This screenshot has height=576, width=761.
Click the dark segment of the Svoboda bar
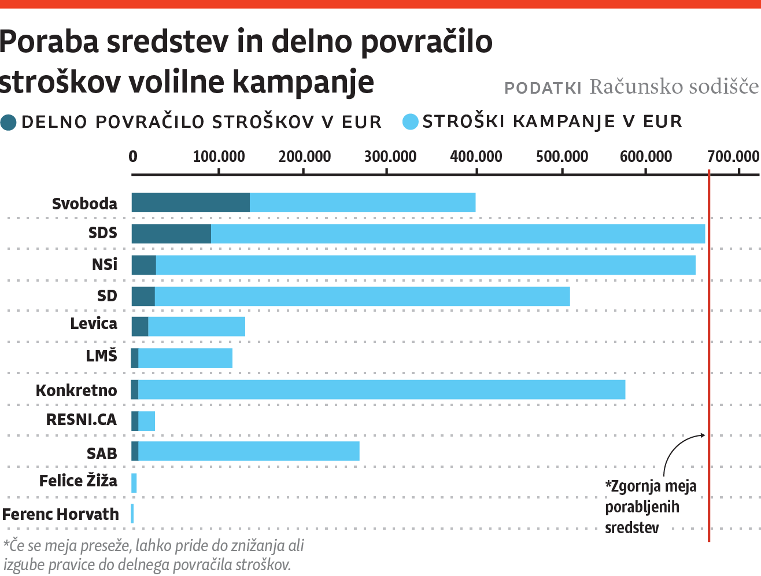click(190, 202)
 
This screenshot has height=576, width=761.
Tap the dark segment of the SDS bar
click(171, 234)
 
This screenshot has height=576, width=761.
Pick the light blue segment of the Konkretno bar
click(382, 390)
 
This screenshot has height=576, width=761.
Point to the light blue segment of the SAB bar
click(249, 451)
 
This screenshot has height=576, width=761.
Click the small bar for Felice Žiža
click(134, 483)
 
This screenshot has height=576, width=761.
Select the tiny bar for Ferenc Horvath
click(132, 514)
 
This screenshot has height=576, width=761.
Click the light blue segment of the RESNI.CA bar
click(147, 421)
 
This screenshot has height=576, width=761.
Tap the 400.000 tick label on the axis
click(476, 157)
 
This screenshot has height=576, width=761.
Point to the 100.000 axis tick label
click(219, 157)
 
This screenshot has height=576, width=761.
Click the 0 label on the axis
click(133, 157)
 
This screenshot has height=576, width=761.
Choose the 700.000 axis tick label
click(733, 157)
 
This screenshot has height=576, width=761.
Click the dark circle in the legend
click(9, 122)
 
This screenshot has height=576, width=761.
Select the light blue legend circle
click(410, 122)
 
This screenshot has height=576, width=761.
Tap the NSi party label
click(105, 264)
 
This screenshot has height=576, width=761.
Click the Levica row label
click(94, 324)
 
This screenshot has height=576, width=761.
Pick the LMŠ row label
click(101, 356)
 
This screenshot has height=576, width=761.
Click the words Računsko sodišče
click(674, 87)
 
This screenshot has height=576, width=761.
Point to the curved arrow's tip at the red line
click(705, 435)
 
